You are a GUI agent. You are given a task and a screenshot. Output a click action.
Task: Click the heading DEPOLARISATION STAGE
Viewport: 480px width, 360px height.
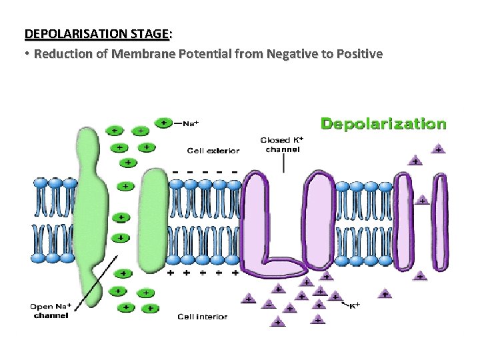tap(97, 33)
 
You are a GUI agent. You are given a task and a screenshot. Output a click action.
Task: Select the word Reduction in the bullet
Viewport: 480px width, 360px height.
tap(63, 53)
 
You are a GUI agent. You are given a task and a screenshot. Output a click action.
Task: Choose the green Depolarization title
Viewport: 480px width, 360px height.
tap(383, 123)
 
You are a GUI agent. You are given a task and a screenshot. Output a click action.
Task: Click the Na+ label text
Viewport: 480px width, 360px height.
tap(191, 123)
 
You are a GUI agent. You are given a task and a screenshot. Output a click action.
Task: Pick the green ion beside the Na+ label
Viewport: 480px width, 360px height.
tap(163, 123)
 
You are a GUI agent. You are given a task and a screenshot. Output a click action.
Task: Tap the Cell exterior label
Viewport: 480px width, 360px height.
tap(213, 151)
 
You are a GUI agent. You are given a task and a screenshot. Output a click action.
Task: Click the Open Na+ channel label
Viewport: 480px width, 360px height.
tap(51, 311)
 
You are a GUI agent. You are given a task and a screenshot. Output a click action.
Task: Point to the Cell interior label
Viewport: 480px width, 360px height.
tap(202, 317)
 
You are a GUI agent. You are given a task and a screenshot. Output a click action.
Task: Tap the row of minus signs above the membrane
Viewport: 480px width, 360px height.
tap(205, 171)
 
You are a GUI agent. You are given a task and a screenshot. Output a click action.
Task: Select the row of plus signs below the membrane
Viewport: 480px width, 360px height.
tap(203, 273)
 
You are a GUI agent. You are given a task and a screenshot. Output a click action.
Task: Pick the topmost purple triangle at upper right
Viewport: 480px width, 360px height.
tap(438, 149)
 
